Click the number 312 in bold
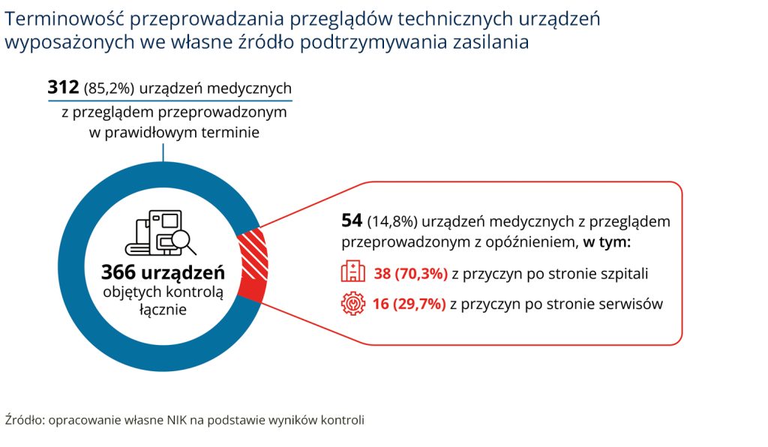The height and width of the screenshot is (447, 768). (63, 88)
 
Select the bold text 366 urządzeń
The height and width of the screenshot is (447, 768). (163, 271)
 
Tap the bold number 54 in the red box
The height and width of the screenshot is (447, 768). (352, 221)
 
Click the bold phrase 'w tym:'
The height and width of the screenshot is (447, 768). (607, 242)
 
